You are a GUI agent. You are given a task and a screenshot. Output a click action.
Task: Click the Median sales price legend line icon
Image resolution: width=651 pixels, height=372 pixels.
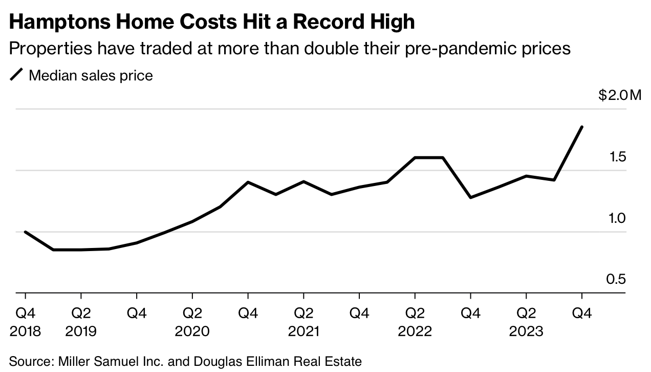[x=17, y=75]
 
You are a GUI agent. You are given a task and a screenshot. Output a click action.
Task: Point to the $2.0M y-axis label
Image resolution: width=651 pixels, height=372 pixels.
[x=619, y=95]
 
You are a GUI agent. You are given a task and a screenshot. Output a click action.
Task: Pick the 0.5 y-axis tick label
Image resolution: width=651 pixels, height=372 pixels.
[x=616, y=280]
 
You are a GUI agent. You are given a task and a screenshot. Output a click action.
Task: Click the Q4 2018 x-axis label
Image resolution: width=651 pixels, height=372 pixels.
[x=25, y=322]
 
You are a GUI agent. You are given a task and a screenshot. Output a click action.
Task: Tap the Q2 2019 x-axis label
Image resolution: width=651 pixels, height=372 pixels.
[x=80, y=322]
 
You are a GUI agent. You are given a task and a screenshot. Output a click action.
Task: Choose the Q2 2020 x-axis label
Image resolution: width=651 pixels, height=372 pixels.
[x=192, y=322]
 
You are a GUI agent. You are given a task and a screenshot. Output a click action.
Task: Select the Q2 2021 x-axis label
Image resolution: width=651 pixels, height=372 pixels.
[x=303, y=322]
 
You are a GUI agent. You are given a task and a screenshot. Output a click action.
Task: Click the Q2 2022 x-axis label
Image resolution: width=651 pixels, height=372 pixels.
[x=415, y=322]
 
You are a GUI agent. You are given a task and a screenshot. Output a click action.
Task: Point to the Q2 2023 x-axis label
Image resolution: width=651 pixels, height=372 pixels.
[x=526, y=322]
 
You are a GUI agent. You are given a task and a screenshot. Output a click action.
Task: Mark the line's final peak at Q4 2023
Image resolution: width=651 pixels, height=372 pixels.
[x=582, y=127]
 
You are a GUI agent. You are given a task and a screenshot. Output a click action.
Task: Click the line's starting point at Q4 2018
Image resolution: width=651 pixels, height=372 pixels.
[x=25, y=232]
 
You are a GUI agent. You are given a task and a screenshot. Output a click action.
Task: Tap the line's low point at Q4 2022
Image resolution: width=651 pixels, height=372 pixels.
[x=470, y=197]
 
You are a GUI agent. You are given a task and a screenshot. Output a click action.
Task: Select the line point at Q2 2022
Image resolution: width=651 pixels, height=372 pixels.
[x=415, y=158]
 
